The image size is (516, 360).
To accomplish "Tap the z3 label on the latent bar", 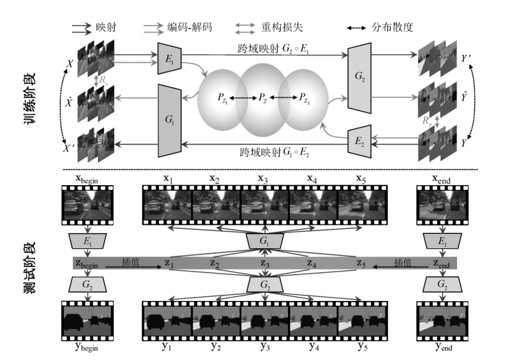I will (x=263, y=263).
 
